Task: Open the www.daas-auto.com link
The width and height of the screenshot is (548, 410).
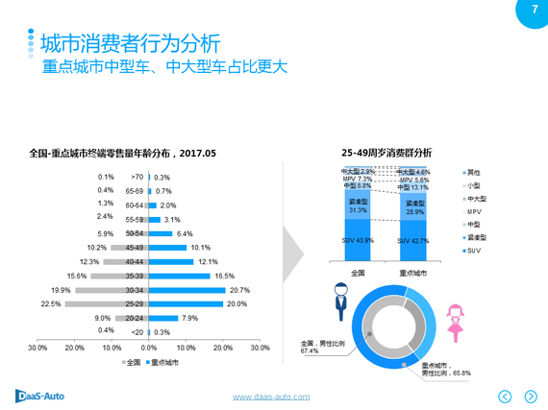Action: [x=272, y=397]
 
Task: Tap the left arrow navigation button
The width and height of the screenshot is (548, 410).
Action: [x=505, y=396]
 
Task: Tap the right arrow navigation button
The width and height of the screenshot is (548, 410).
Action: [x=530, y=396]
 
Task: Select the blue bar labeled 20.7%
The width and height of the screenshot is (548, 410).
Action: [x=187, y=289]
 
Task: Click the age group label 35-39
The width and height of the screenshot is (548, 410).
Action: [x=135, y=276]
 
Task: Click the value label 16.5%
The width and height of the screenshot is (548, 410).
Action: [x=224, y=276]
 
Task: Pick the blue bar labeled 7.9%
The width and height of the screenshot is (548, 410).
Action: [x=162, y=318]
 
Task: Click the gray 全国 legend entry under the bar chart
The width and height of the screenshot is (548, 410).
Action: [x=132, y=363]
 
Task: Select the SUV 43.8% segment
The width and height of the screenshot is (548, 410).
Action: [x=358, y=240]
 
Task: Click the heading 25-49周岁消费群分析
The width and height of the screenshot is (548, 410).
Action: [x=386, y=153]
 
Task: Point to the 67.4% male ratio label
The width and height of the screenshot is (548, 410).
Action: [x=310, y=351]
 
